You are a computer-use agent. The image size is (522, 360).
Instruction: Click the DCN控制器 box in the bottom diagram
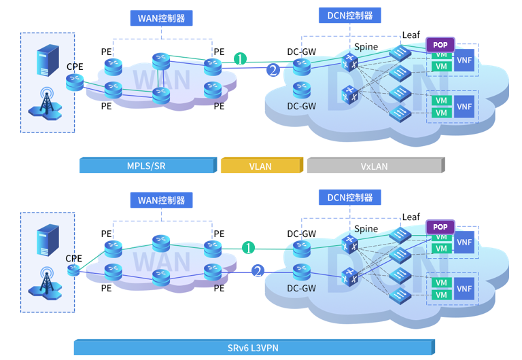click(350, 198)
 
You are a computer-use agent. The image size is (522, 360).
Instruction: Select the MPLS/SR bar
click(147, 166)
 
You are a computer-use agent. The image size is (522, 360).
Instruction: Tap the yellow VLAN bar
click(260, 166)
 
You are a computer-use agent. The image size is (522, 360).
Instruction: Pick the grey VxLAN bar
click(375, 166)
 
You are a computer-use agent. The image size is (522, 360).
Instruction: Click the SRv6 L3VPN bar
click(253, 348)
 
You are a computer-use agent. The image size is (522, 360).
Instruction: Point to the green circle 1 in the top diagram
click(240, 59)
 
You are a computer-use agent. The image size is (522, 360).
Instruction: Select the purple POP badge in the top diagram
click(440, 45)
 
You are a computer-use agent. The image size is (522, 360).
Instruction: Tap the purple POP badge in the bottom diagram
click(440, 227)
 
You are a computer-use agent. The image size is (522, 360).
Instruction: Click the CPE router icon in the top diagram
click(75, 82)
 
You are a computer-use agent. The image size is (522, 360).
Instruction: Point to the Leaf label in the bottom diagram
click(411, 217)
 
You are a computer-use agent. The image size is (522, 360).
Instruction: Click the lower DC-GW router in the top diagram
click(301, 90)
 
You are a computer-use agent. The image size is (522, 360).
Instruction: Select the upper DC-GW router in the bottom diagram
click(301, 249)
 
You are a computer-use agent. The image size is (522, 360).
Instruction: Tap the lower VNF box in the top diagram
click(464, 107)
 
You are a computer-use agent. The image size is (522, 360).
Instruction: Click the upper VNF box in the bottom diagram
click(464, 242)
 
